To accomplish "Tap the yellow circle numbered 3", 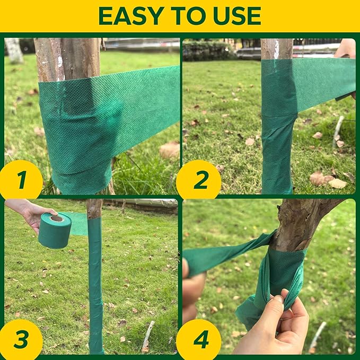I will (21, 339).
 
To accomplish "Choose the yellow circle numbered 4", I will (200, 339).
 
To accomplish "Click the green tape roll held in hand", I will (55, 231).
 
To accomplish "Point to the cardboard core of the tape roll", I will (57, 218).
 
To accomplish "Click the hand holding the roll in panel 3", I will (32, 212).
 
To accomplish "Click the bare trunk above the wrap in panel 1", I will (67, 58).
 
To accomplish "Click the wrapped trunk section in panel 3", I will (95, 281).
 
